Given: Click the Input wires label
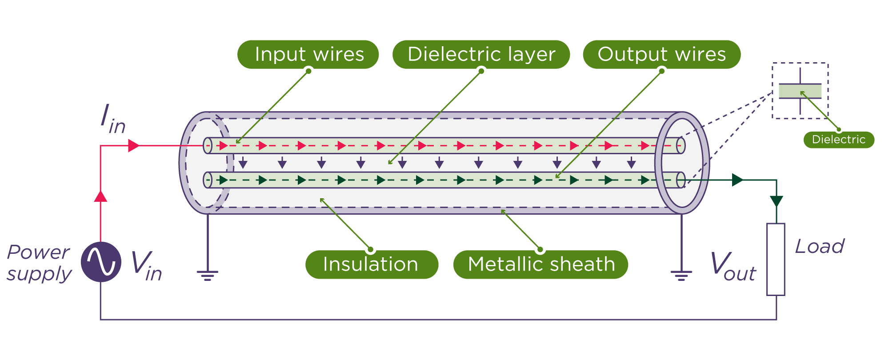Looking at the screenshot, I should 308,54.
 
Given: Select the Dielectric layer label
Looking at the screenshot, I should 481,54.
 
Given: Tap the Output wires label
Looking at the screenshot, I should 661,54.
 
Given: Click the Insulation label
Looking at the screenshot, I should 371,264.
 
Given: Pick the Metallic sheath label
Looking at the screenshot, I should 541,264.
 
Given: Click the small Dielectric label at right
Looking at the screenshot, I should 838,140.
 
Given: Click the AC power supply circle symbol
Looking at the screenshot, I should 101,262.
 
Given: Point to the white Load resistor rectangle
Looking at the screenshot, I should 776,259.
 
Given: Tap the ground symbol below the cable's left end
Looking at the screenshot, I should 208,275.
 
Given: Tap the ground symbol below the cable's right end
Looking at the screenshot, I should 681,275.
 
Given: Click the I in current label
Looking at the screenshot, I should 112,120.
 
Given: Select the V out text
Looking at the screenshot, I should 733,267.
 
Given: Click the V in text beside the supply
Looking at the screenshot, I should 146,266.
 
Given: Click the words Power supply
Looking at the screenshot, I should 39,263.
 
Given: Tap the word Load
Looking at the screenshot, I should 819,246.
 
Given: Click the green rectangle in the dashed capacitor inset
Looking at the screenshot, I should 800,92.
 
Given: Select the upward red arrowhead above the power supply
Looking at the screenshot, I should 101,196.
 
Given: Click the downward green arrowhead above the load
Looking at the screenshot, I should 776,201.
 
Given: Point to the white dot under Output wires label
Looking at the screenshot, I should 662,72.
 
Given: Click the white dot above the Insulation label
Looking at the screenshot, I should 370,248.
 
